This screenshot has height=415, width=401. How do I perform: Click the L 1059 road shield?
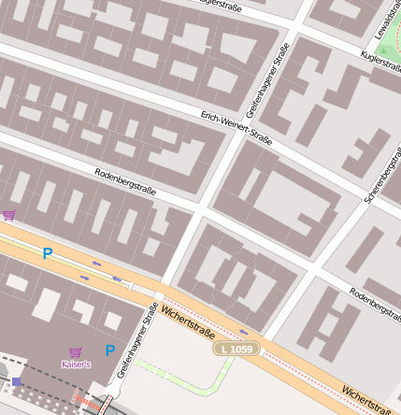point(238,349)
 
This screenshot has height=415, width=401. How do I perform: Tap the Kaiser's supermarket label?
point(76,364)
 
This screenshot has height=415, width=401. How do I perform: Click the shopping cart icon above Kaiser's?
point(76,351)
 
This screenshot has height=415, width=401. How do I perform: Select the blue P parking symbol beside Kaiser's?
point(109,351)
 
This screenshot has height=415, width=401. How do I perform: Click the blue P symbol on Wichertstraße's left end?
point(47,252)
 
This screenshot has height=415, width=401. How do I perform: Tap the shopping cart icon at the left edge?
point(8,215)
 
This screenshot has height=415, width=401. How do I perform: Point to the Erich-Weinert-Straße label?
point(236,128)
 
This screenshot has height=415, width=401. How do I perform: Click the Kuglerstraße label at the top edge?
point(235,5)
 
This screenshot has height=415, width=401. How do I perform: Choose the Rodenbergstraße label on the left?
point(125,181)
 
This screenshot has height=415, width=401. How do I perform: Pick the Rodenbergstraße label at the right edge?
point(375,299)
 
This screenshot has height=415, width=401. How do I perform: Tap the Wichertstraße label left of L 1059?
point(188,321)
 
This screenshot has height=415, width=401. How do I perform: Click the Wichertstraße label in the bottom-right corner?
point(365,398)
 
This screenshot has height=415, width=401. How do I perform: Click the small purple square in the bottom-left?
point(16,381)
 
